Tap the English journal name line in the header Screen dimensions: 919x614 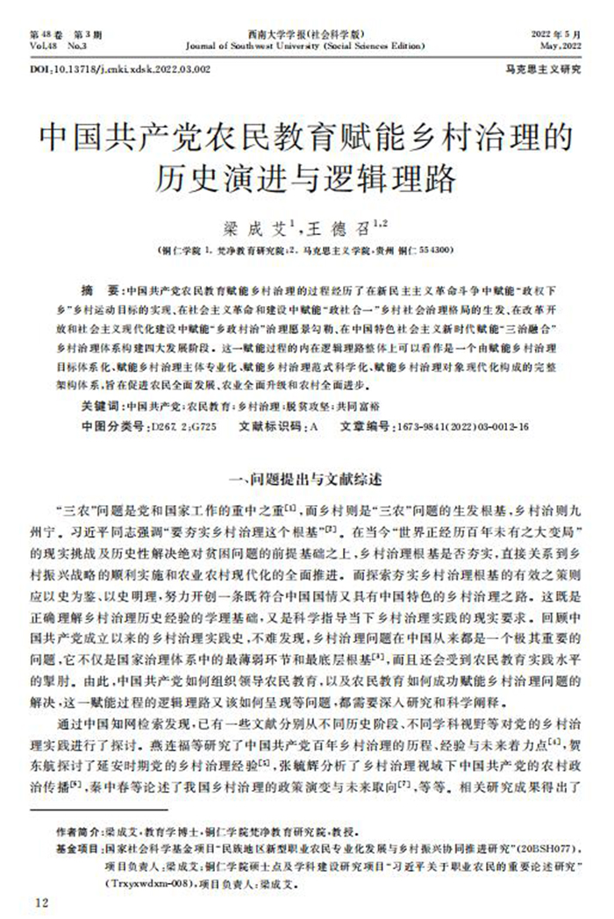pyautogui.click(x=308, y=42)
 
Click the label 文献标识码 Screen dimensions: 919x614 pyautogui.click(x=269, y=427)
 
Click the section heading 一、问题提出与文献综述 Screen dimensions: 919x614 pyautogui.click(x=306, y=479)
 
